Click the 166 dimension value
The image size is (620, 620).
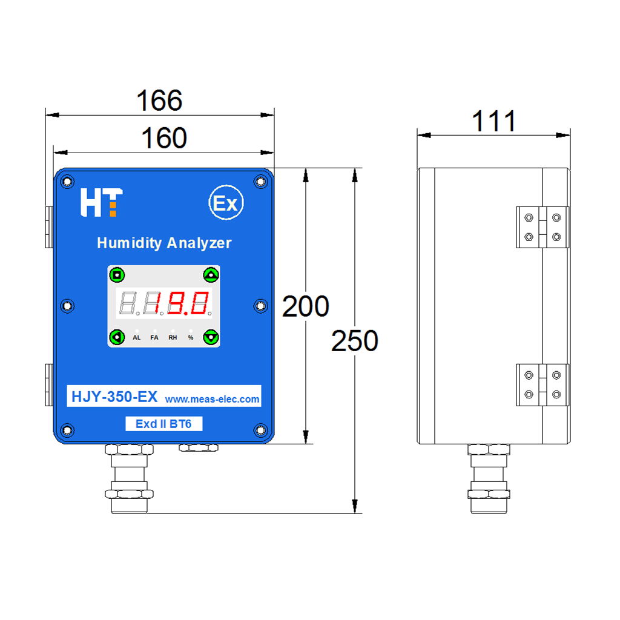point(159,101)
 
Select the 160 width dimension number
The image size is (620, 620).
point(164,138)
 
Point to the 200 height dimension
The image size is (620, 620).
point(305,306)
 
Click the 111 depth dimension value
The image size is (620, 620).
point(494,120)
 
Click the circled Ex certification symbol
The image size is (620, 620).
point(226,202)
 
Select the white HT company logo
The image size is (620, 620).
point(102,202)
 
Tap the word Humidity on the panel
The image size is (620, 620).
point(130,243)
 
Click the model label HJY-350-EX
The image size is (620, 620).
point(114,396)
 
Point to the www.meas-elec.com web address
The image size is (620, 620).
point(212,400)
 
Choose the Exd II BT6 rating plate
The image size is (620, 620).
point(163,424)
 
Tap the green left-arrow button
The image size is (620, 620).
point(117,337)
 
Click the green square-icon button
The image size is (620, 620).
point(117,275)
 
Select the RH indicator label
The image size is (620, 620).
point(173,338)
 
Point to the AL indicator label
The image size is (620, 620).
point(137,338)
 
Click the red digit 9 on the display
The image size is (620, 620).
point(177,303)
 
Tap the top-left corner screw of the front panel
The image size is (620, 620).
point(67,182)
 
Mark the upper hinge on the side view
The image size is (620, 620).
point(542,228)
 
